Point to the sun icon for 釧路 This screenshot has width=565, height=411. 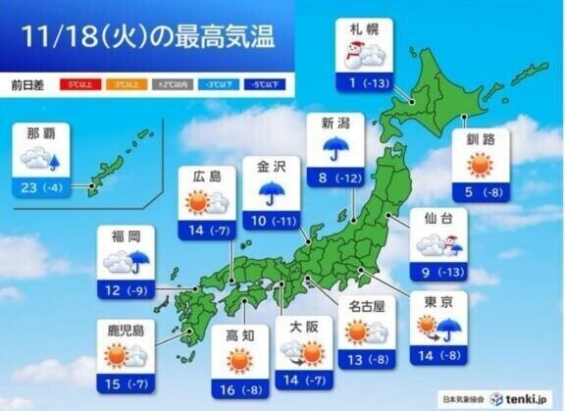487,165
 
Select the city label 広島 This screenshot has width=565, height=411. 205,176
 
